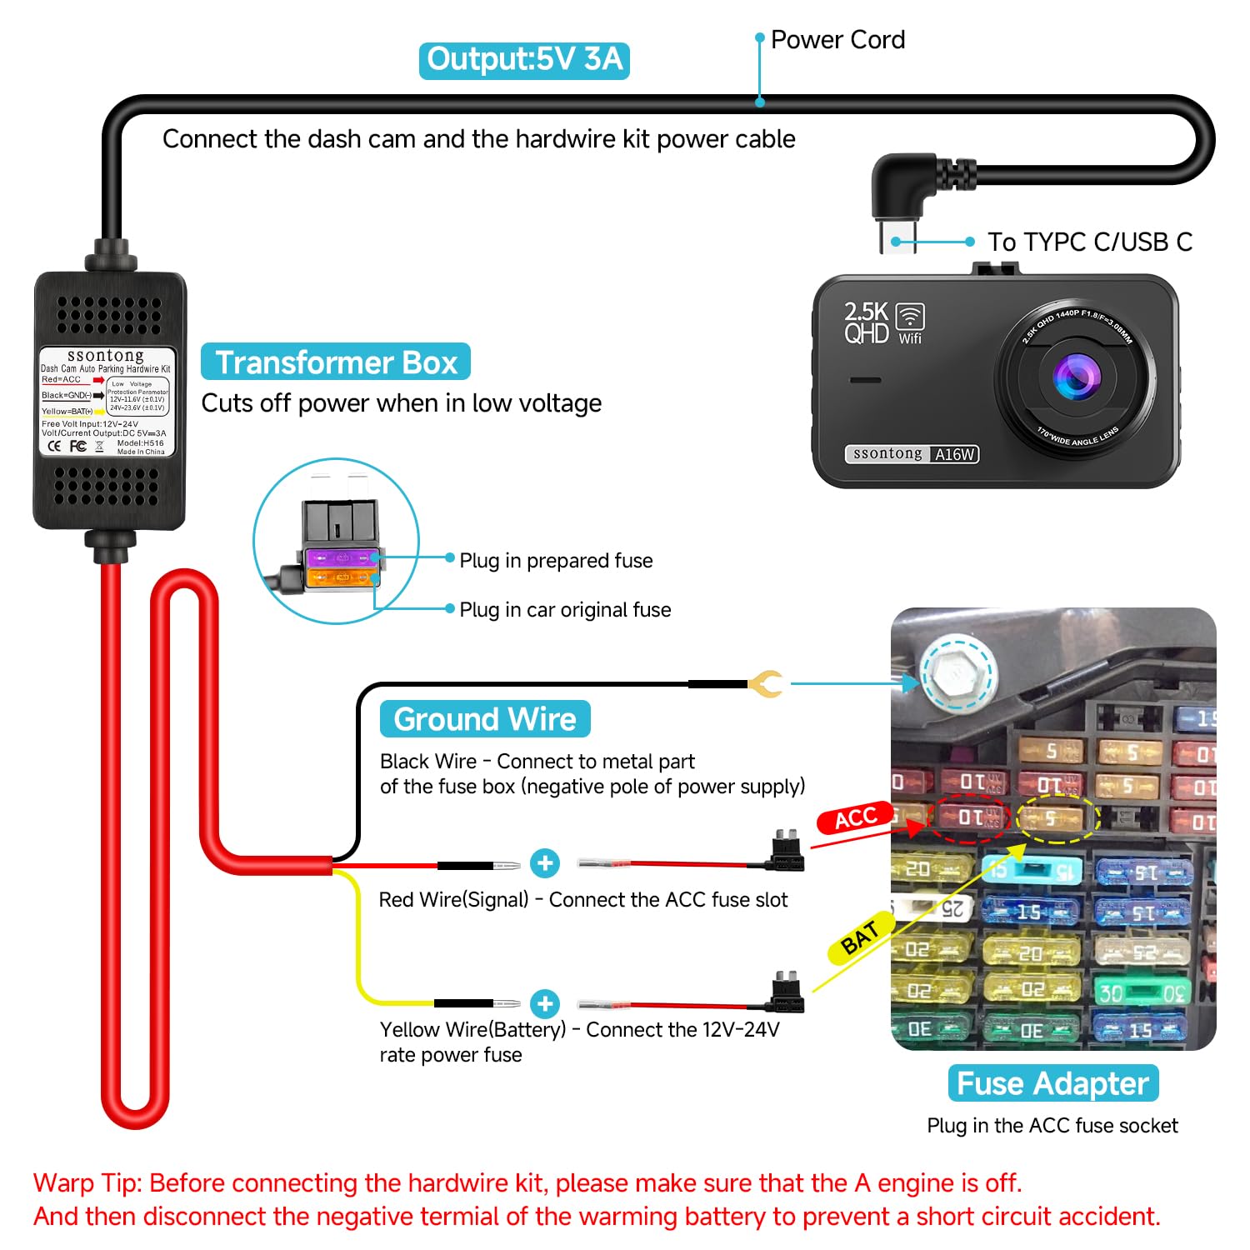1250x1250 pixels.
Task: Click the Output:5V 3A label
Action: (524, 60)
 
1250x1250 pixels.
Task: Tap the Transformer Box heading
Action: (336, 362)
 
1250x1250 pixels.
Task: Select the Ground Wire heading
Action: (485, 718)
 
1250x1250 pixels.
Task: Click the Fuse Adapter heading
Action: (1052, 1082)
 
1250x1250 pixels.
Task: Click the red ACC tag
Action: (856, 818)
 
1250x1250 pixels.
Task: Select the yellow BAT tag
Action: (861, 938)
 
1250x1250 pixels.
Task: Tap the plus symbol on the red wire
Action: (545, 863)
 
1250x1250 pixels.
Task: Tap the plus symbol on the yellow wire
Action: (545, 1004)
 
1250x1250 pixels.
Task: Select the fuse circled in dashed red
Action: (972, 817)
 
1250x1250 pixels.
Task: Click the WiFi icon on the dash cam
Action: (910, 317)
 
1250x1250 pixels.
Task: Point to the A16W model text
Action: (955, 454)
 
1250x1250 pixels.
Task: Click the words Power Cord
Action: (837, 40)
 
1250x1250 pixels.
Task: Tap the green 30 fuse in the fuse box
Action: (1140, 992)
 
